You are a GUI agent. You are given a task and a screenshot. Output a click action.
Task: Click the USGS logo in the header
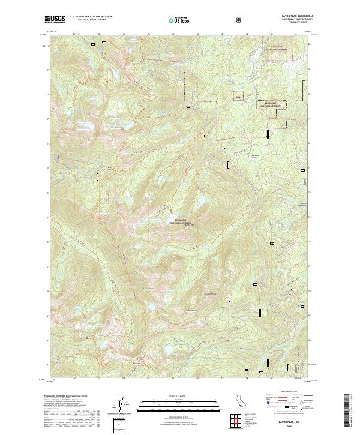point(55,20)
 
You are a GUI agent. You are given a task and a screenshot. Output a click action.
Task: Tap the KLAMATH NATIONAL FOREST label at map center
point(184,222)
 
